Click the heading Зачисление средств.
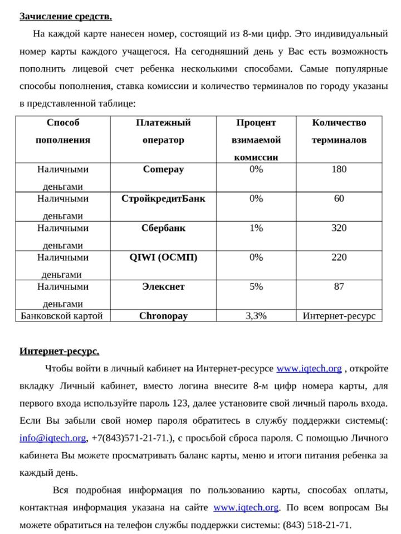pyautogui.click(x=66, y=16)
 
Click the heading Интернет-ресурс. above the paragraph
pyautogui.click(x=60, y=351)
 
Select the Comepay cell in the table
pyautogui.click(x=163, y=169)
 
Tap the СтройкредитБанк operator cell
pyautogui.click(x=163, y=199)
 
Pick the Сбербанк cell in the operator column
pyautogui.click(x=163, y=228)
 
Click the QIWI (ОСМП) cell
pyautogui.click(x=163, y=258)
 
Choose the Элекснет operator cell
pyautogui.click(x=163, y=287)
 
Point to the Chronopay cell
pyautogui.click(x=163, y=316)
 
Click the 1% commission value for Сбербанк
pyautogui.click(x=256, y=228)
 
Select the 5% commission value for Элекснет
pyautogui.click(x=256, y=287)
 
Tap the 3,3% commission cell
pyautogui.click(x=256, y=316)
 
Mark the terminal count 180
pyautogui.click(x=339, y=169)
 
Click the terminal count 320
pyautogui.click(x=339, y=228)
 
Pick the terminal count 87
pyautogui.click(x=339, y=287)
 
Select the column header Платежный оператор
pyautogui.click(x=163, y=131)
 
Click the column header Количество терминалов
pyautogui.click(x=339, y=131)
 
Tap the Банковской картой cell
pyautogui.click(x=62, y=316)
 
